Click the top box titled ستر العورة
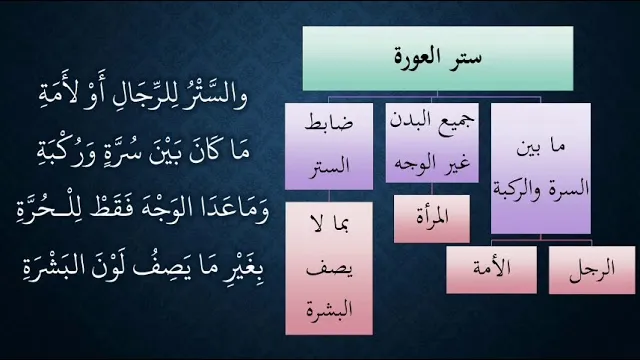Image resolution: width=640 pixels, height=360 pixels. tap(438, 58)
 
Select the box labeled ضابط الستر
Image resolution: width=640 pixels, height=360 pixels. tap(329, 147)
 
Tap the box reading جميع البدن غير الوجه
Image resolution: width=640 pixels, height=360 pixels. tap(432, 143)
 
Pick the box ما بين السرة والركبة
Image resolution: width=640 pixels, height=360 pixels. tap(541, 169)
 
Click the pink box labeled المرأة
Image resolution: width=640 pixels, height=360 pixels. tap(432, 219)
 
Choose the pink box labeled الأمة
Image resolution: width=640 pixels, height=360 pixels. tap(491, 270)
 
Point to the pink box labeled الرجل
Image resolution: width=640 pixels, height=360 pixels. tap(592, 270)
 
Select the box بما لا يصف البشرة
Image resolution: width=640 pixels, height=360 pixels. tap(329, 269)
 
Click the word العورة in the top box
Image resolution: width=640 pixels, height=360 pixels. tap(418, 57)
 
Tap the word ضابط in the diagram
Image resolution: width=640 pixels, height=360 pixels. tap(329, 123)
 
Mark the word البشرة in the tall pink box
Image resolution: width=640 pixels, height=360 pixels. tap(329, 310)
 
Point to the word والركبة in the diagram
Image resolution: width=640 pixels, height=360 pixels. tap(512, 189)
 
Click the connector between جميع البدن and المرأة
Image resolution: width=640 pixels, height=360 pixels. tap(432, 189)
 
